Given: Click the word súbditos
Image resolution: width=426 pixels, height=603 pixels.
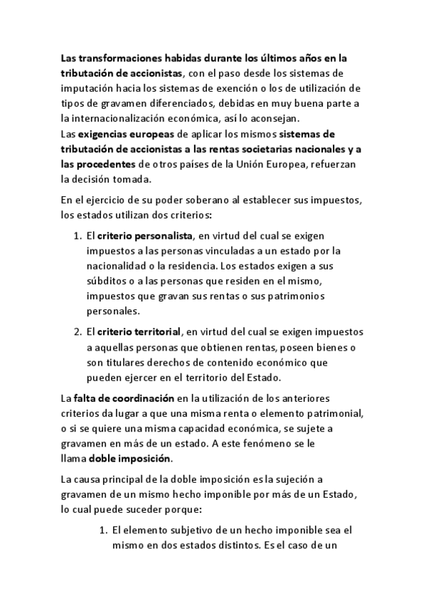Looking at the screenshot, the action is (107, 281).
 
